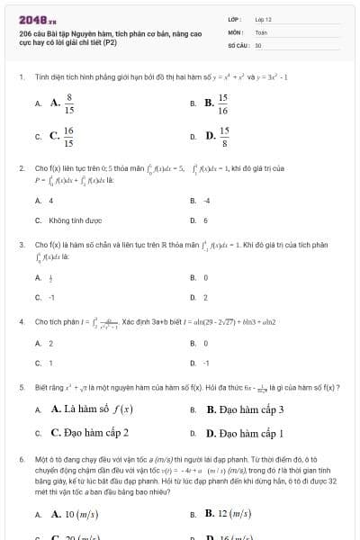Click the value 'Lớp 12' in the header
[263, 19]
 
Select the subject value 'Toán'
[261, 31]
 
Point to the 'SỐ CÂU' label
[238, 44]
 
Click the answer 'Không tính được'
[69, 220]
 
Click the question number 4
[22, 321]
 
